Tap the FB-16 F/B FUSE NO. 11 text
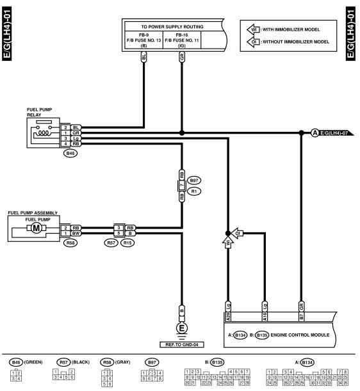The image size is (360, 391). click(183, 40)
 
